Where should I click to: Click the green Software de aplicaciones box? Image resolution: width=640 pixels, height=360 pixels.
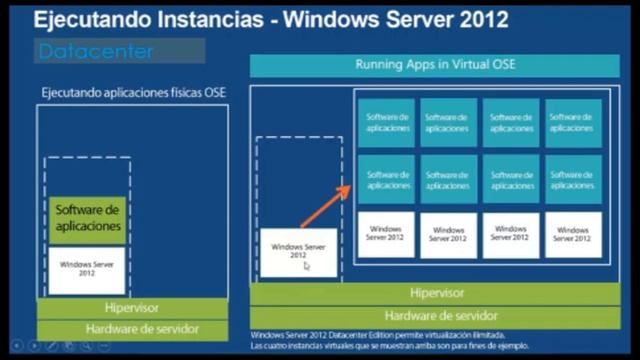[88, 219]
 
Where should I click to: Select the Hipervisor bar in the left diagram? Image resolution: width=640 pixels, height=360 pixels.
[132, 308]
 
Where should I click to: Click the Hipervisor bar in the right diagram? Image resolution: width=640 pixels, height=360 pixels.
[437, 293]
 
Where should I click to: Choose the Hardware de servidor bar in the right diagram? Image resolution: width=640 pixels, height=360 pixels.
[437, 315]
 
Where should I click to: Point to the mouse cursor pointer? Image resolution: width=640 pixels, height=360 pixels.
[308, 266]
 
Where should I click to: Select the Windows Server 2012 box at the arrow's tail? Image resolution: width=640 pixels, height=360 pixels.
[298, 251]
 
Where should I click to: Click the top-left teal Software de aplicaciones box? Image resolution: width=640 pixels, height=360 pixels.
[386, 123]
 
